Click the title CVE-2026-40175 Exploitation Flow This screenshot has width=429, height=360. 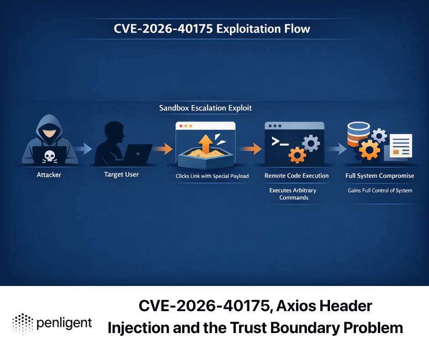click(x=212, y=29)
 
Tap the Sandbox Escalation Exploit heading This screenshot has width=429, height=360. click(x=205, y=108)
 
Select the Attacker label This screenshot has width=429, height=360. click(x=49, y=175)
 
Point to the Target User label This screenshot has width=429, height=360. click(x=121, y=175)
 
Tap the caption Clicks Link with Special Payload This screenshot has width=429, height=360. click(x=212, y=176)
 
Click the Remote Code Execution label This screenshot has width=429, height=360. click(x=297, y=175)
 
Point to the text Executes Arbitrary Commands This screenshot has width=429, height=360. click(x=293, y=194)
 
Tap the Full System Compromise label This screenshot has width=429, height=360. click(x=380, y=175)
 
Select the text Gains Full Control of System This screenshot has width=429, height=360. click(x=380, y=191)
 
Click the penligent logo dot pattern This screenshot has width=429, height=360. click(x=23, y=323)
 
